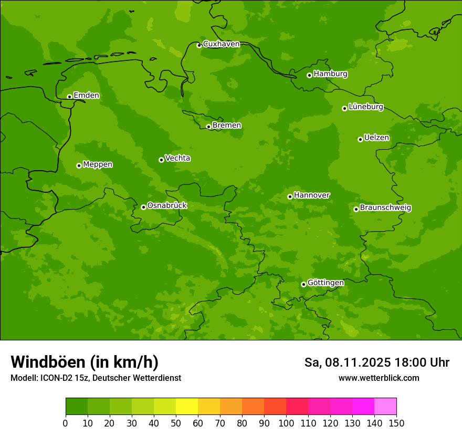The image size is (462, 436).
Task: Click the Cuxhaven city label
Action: (221, 44)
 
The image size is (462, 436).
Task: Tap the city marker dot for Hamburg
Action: (309, 75)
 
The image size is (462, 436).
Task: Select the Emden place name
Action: (86, 96)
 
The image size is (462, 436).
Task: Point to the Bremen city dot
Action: (208, 127)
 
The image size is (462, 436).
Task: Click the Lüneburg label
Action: (366, 107)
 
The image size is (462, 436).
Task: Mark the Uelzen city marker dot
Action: (360, 139)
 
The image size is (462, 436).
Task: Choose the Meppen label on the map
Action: (98, 164)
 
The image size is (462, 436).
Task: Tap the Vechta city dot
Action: (161, 160)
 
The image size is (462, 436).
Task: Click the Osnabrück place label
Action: (167, 206)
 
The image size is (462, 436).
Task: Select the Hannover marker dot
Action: (290, 196)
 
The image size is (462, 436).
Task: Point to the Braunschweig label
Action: (385, 208)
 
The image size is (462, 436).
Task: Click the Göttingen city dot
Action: (303, 284)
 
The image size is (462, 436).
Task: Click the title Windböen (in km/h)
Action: (85, 362)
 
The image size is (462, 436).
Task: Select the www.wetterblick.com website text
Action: (379, 378)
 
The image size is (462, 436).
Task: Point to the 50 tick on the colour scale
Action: (176, 423)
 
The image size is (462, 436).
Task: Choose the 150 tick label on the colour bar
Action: (396, 423)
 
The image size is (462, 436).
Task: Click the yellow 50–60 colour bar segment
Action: (187, 407)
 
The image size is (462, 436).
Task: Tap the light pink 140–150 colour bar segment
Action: (385, 407)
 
